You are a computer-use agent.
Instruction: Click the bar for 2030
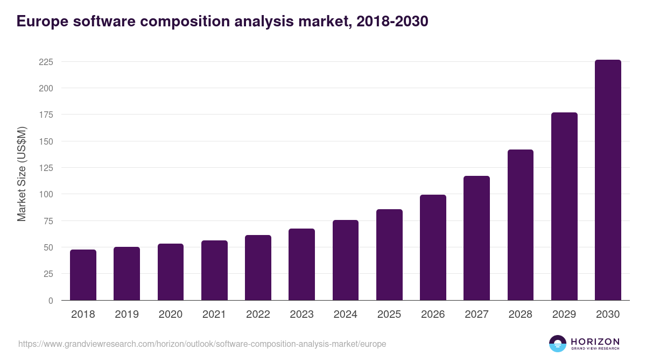pos(608,180)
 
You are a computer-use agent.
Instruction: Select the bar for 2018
pos(83,275)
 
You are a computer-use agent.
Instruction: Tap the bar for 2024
pos(346,260)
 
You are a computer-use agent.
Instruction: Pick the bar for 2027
pos(476,238)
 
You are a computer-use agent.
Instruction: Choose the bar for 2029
pos(564,207)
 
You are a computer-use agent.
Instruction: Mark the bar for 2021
pos(214,271)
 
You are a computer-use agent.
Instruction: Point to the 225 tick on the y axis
pos(46,62)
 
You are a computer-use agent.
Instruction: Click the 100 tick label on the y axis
pos(46,194)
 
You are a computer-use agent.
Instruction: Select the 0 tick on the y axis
pos(51,301)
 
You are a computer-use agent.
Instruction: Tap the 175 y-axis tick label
pos(46,115)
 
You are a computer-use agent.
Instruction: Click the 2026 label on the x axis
pos(433,315)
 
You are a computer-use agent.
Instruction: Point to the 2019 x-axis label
pos(127,315)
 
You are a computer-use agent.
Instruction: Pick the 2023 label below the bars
pos(301,315)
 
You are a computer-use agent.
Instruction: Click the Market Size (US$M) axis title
pos(22,173)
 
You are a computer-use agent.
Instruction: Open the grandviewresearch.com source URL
pos(202,344)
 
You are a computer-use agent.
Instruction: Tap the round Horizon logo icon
pos(558,344)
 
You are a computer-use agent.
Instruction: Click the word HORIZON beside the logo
pos(595,341)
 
